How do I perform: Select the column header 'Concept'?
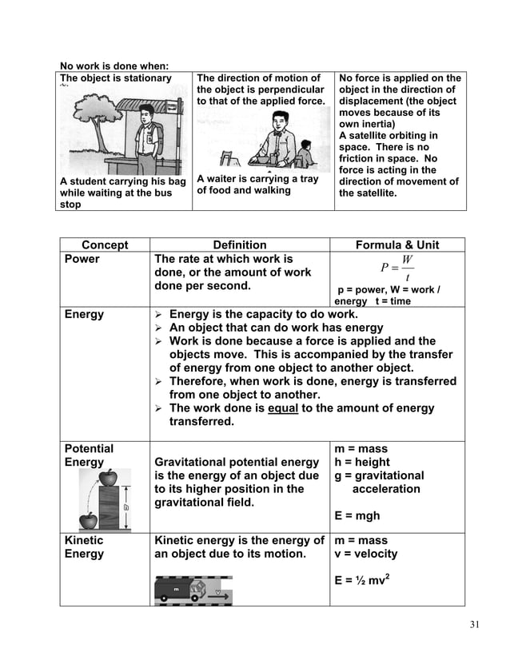click(x=105, y=245)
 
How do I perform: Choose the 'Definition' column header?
click(x=240, y=245)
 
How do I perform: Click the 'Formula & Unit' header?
click(x=396, y=245)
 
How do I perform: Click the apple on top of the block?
click(x=107, y=479)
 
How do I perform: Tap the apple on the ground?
click(x=89, y=521)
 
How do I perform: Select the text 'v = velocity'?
click(x=366, y=554)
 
